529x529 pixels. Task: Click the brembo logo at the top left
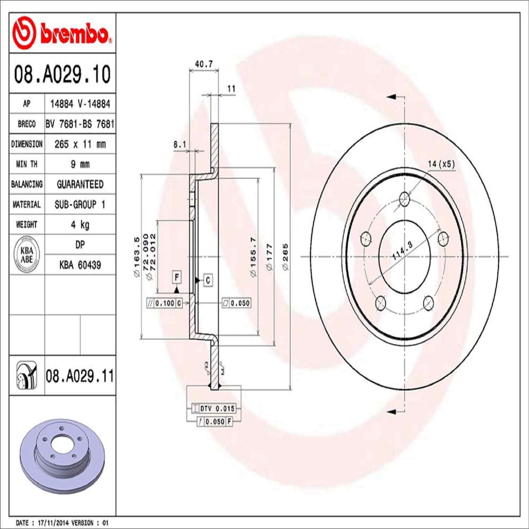tap(62, 34)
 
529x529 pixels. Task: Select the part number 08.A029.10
tap(62, 74)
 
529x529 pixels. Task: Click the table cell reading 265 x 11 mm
tap(80, 144)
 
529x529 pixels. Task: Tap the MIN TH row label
tap(26, 164)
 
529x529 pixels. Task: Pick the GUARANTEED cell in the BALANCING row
tap(80, 184)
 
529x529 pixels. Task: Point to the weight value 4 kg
tap(80, 225)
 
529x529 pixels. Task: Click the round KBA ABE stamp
tap(27, 255)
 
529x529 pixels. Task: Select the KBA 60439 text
tap(80, 265)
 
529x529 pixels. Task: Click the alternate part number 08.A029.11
tap(80, 376)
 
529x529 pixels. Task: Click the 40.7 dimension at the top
tap(204, 64)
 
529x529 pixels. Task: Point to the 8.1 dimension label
tap(180, 145)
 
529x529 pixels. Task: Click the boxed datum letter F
tap(177, 277)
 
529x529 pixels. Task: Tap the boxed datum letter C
tap(208, 280)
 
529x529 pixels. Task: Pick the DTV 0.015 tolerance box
tap(214, 409)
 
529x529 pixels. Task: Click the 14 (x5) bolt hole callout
tap(441, 164)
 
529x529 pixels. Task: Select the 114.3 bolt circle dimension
tap(402, 251)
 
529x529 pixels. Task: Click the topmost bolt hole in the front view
tap(404, 199)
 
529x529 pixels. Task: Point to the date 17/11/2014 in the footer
tap(53, 523)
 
